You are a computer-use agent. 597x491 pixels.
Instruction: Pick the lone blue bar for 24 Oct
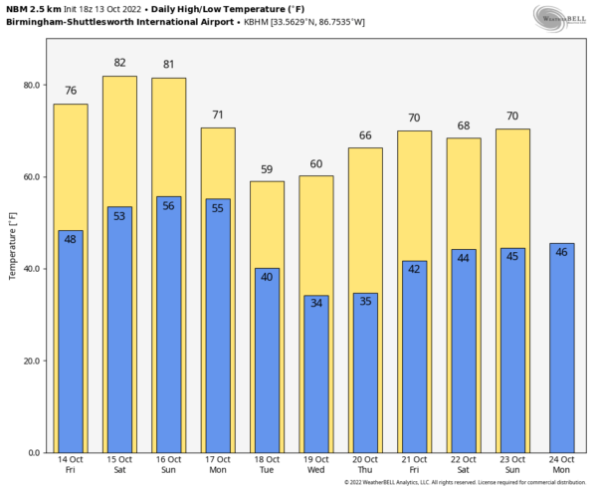[x=561, y=349]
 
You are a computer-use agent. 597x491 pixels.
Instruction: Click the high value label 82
[x=119, y=63]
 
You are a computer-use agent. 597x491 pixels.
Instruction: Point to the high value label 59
[x=267, y=168]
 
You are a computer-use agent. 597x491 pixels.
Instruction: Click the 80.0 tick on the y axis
[x=31, y=86]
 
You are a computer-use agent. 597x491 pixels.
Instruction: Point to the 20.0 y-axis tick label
[x=31, y=361]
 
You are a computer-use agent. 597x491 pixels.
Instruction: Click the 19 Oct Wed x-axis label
[x=315, y=464]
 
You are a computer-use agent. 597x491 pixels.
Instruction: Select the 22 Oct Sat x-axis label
[x=463, y=464]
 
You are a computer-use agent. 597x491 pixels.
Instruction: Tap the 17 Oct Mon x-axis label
[x=218, y=464]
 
